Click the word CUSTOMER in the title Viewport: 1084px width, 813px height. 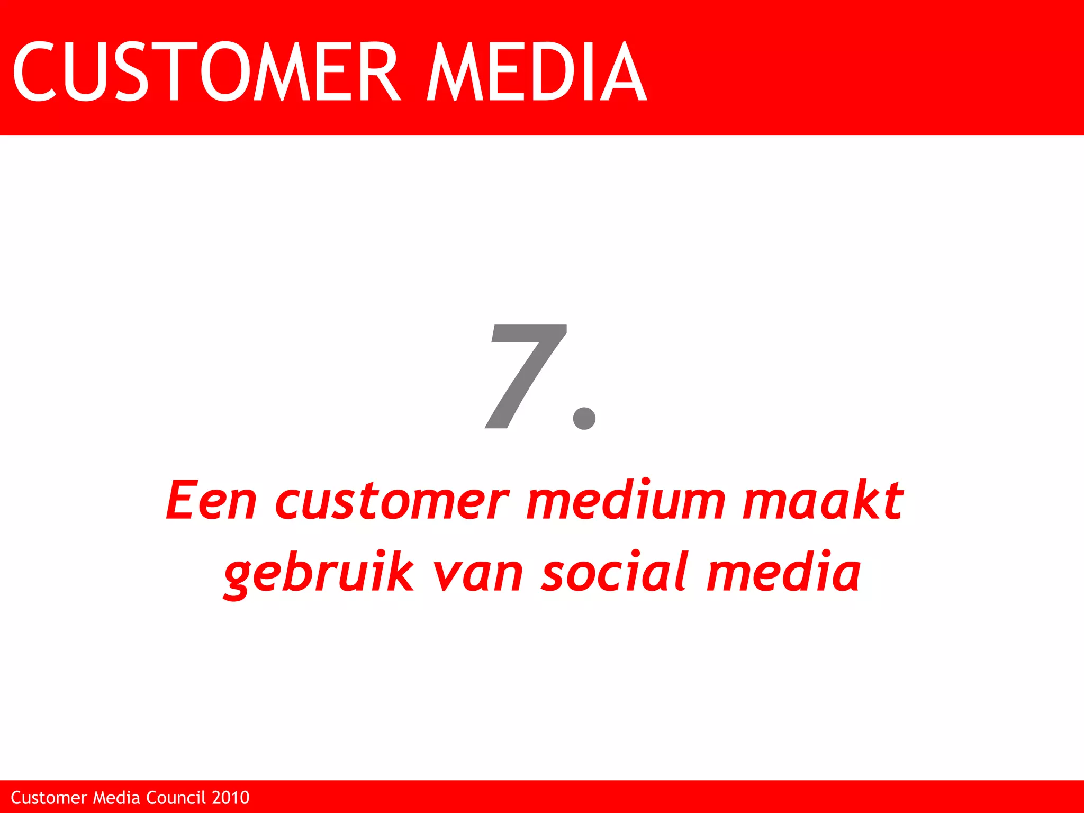pos(206,71)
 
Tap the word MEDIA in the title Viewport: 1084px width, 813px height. pos(537,71)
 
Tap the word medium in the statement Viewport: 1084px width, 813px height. pos(626,500)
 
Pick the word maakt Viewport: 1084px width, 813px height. pos(823,500)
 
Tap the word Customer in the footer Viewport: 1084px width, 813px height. pos(49,798)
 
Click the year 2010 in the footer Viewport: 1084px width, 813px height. pos(230,798)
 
